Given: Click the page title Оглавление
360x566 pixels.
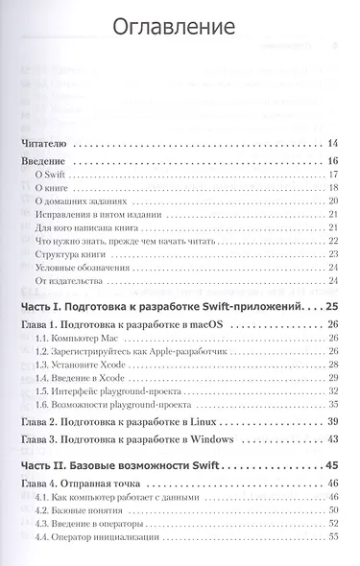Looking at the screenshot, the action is [180, 25].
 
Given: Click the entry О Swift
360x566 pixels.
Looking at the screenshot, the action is [49, 174].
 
